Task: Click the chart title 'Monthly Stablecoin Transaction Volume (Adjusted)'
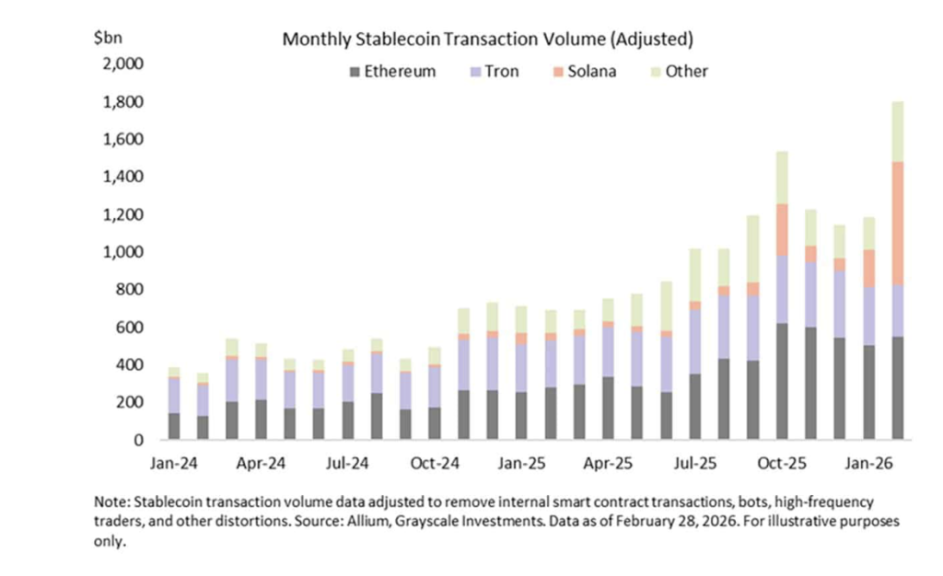pos(487,40)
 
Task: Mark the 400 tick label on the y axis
pos(127,365)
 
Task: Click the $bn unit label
pos(107,38)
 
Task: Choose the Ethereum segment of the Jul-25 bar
pos(694,407)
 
